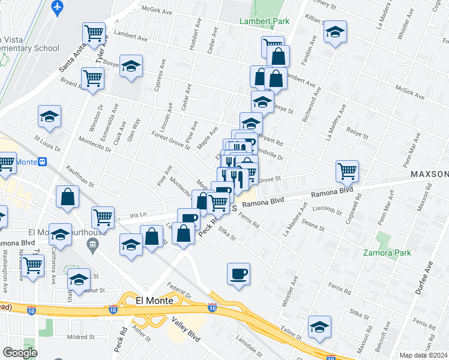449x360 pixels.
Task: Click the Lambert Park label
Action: coord(264,21)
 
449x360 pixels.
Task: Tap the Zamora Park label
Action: coord(387,253)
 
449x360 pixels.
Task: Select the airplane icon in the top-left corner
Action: coord(58,8)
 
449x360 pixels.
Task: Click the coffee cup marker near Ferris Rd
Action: coord(238,274)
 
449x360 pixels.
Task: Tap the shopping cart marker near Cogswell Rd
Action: coord(347,171)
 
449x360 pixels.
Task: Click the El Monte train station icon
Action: coord(43,162)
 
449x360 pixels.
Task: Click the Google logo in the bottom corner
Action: coord(20,353)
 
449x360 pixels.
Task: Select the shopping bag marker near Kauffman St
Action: coord(68,196)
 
